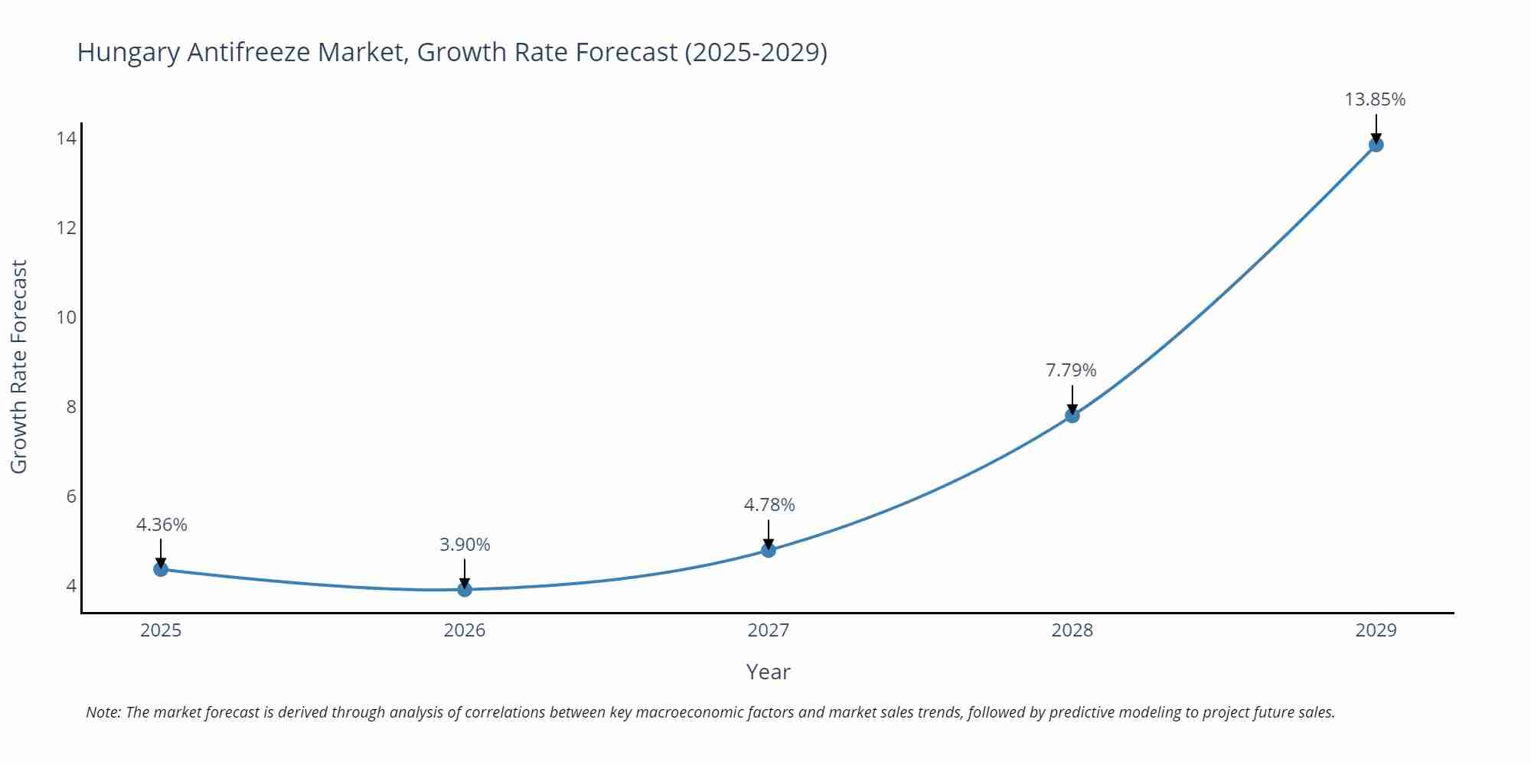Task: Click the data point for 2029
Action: click(1376, 145)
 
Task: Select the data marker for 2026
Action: click(465, 589)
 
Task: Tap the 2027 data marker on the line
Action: click(769, 550)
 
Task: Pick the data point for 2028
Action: click(1072, 415)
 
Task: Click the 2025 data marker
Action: click(161, 569)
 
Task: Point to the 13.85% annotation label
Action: click(1375, 99)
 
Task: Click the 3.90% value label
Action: click(465, 545)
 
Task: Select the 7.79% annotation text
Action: click(1071, 370)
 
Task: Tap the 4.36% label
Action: click(162, 525)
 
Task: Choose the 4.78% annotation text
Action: click(769, 505)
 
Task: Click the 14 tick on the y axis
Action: click(66, 138)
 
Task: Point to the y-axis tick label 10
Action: click(66, 317)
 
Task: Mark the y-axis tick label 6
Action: click(71, 496)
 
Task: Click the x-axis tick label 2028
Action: click(1072, 630)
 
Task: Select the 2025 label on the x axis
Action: click(161, 630)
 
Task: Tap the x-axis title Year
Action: click(768, 672)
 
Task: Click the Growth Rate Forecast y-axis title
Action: click(18, 366)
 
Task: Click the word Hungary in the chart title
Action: click(128, 52)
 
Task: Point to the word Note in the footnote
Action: click(103, 712)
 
